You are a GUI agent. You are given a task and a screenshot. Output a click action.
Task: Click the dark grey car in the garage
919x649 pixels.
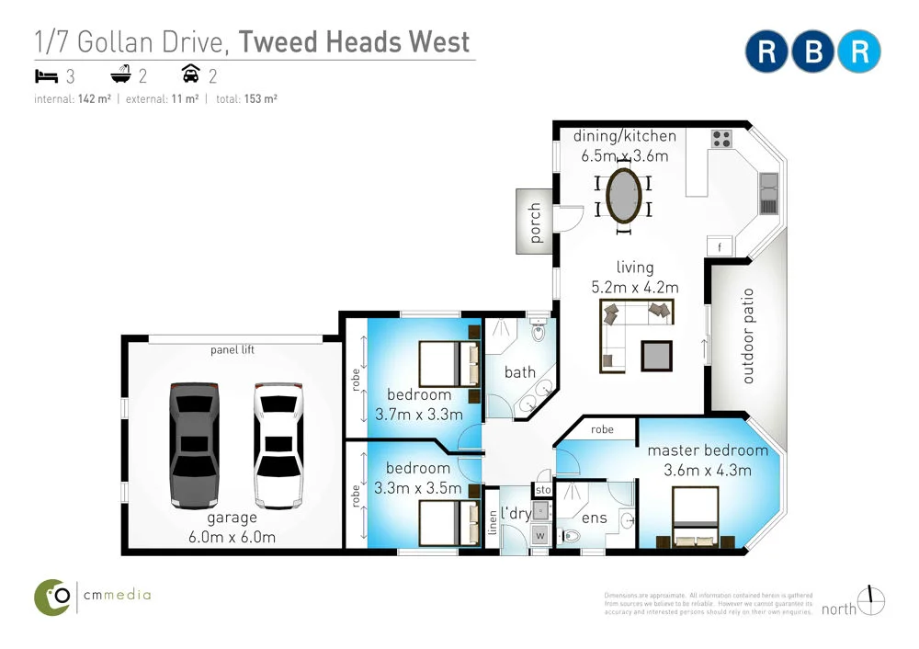[196, 444]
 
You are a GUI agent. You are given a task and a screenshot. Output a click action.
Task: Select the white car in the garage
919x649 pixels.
[277, 444]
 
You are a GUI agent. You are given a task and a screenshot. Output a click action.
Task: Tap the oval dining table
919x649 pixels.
[625, 195]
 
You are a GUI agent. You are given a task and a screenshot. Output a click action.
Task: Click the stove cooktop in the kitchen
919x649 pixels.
[721, 141]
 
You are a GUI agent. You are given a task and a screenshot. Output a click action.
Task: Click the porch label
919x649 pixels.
[537, 222]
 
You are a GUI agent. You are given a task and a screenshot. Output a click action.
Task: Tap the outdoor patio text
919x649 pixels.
[747, 336]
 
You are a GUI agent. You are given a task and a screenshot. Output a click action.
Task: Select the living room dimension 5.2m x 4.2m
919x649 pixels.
[635, 287]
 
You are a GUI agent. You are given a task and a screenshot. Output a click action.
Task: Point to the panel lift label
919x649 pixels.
[232, 350]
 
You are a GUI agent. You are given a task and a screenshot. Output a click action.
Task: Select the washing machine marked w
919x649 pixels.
[539, 533]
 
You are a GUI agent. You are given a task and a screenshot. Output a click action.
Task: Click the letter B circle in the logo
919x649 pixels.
[813, 51]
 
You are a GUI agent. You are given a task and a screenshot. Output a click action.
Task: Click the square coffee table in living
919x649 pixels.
[656, 355]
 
